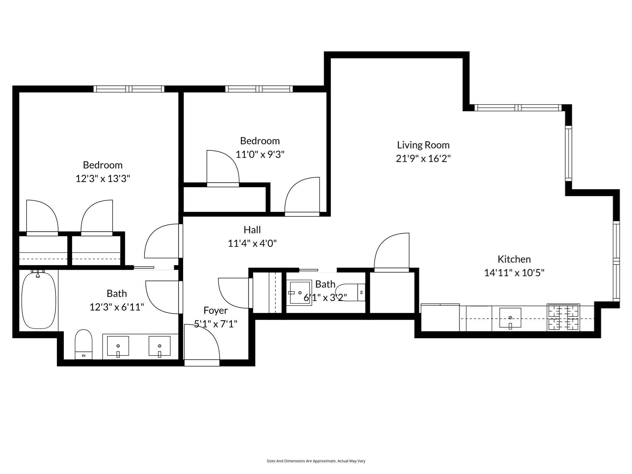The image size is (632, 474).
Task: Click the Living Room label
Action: point(423,145)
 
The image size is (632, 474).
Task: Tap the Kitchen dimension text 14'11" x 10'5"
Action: point(514,273)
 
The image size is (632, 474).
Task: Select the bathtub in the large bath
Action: point(39,300)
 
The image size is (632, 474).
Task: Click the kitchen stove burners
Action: point(563,317)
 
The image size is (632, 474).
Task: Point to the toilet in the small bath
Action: point(350,292)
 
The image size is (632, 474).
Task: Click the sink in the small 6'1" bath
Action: point(299,293)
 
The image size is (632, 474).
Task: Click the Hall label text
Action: point(252,230)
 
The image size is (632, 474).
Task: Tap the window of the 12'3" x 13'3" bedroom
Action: point(129,89)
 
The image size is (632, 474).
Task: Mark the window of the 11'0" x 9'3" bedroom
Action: point(259,89)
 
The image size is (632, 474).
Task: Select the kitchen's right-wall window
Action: point(616,261)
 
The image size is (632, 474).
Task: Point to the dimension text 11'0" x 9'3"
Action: point(260,154)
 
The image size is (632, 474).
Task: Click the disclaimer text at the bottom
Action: point(316,461)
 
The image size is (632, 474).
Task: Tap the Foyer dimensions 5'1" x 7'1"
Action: point(215,324)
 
